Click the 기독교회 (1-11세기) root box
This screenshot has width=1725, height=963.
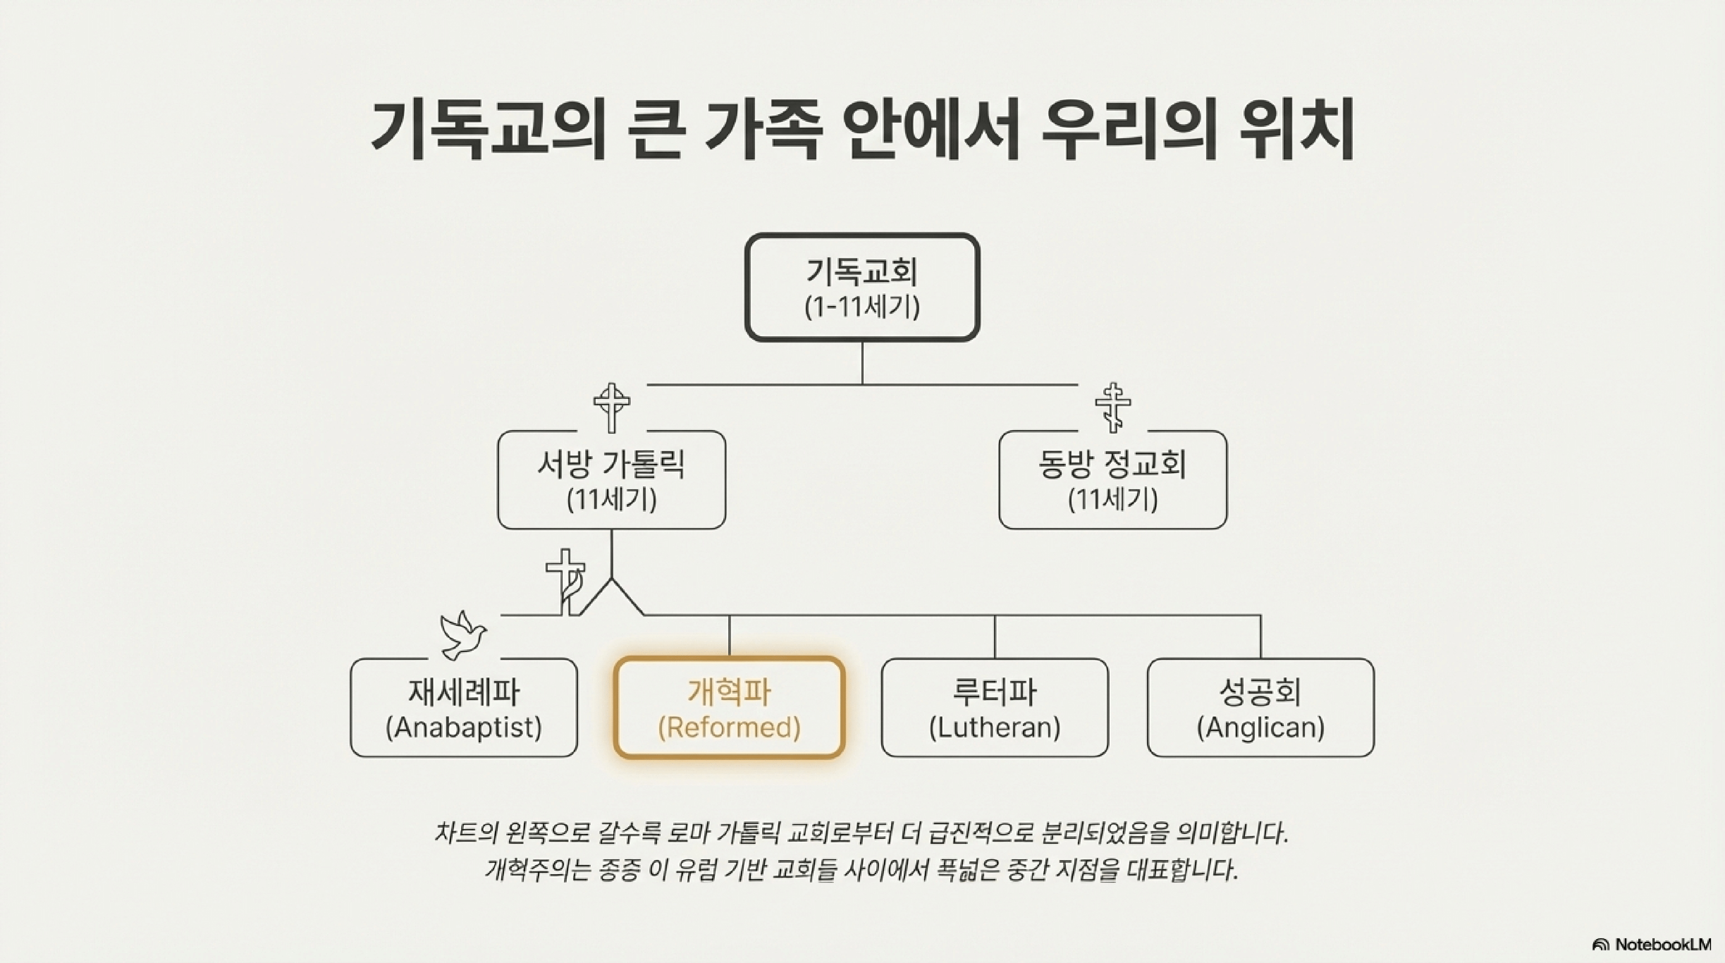(x=862, y=287)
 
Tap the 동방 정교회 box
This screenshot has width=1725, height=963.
(x=1112, y=480)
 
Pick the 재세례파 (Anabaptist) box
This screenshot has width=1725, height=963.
(x=463, y=708)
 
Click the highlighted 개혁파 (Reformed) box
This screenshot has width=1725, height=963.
(x=729, y=708)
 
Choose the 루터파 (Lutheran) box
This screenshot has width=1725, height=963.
(x=994, y=708)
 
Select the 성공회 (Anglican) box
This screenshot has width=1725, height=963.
(x=1260, y=708)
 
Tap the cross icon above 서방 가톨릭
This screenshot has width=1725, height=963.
(x=611, y=407)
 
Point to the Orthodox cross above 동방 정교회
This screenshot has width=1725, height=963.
(x=1112, y=407)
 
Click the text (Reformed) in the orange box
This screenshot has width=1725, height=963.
(x=729, y=727)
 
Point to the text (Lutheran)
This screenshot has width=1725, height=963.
(x=994, y=727)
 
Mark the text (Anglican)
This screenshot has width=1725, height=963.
(x=1260, y=727)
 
